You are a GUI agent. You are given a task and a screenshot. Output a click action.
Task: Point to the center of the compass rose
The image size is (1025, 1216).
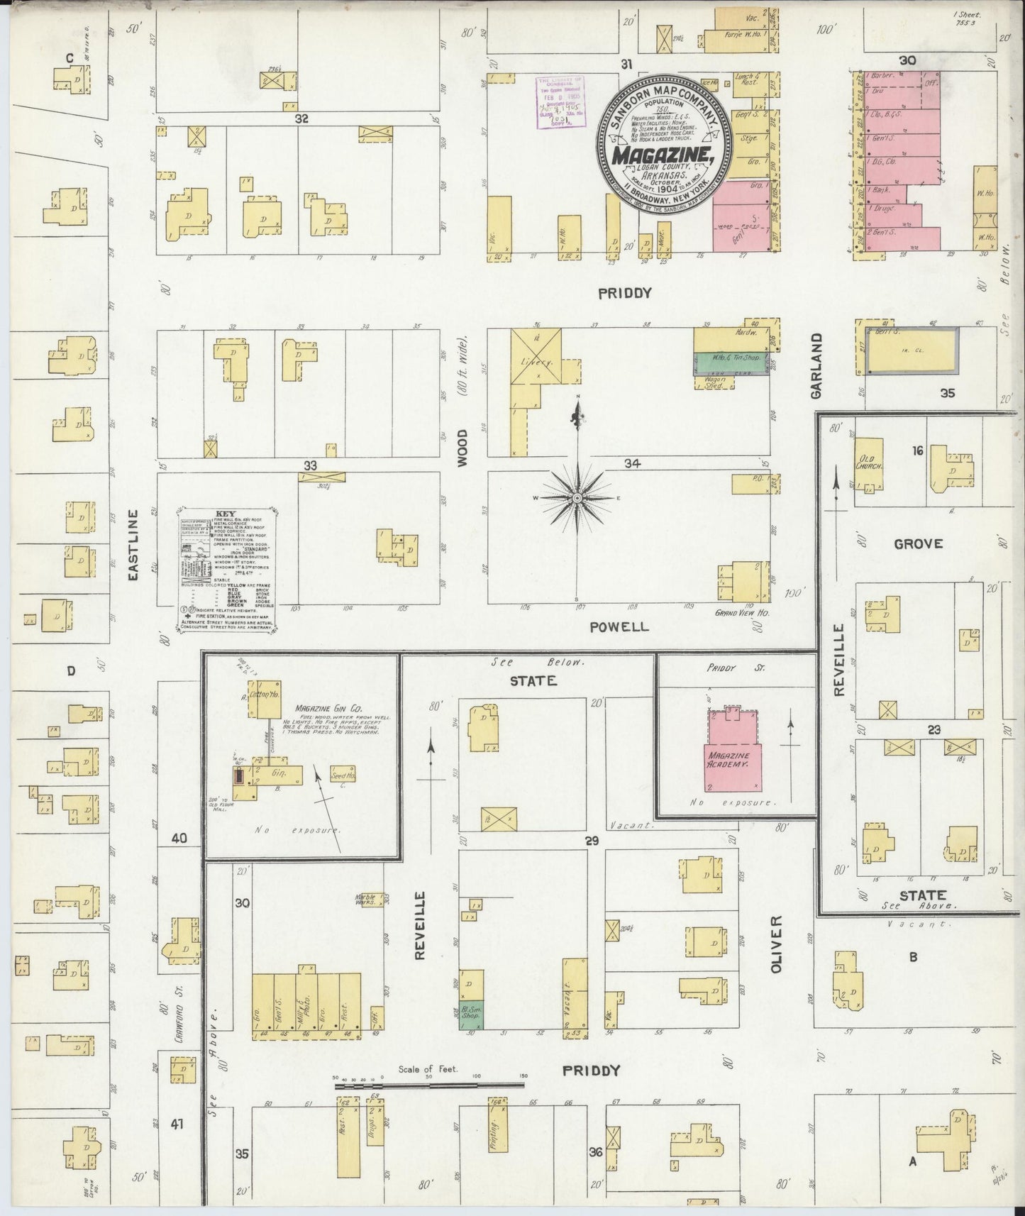click(578, 499)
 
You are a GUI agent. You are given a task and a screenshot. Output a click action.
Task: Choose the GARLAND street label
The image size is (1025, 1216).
click(818, 365)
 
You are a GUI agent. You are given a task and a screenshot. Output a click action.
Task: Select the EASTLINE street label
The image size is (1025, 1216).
click(133, 546)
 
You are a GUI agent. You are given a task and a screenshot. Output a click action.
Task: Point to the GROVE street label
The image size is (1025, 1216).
click(918, 544)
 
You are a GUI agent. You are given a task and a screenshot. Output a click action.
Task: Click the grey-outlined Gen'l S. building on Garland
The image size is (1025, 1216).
click(909, 350)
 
